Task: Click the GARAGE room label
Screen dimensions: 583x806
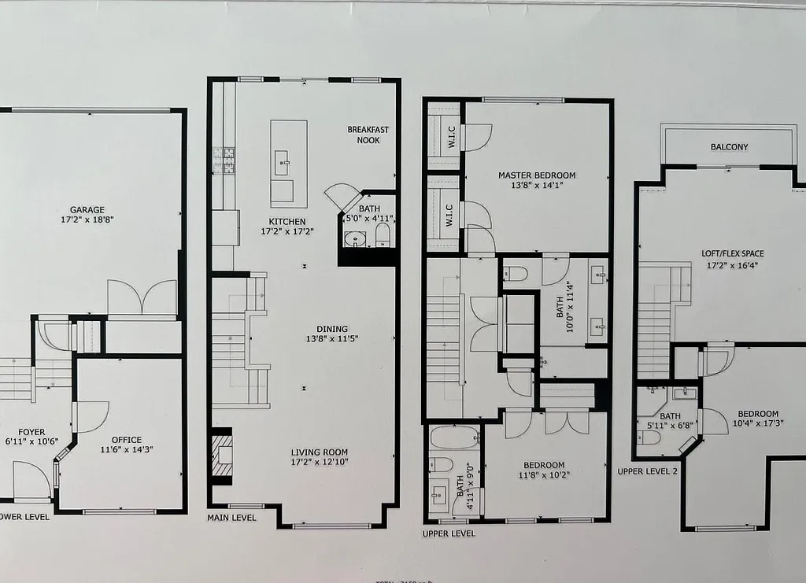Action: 87,210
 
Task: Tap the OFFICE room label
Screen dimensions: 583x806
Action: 126,440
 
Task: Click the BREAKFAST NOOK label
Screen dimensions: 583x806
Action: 368,135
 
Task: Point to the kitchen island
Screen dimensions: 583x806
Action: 289,163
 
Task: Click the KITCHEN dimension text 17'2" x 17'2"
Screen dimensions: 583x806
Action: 287,232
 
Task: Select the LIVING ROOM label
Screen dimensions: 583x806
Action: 319,452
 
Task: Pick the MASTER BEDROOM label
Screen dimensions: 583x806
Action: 537,175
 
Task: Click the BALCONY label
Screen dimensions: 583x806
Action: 729,147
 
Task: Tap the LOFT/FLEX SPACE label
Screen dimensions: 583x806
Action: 732,254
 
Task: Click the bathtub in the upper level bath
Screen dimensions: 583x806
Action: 454,437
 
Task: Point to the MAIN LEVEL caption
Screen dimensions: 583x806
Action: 231,518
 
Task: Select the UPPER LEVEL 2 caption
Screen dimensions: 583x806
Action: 647,470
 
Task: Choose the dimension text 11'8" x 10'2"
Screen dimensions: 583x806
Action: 543,475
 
